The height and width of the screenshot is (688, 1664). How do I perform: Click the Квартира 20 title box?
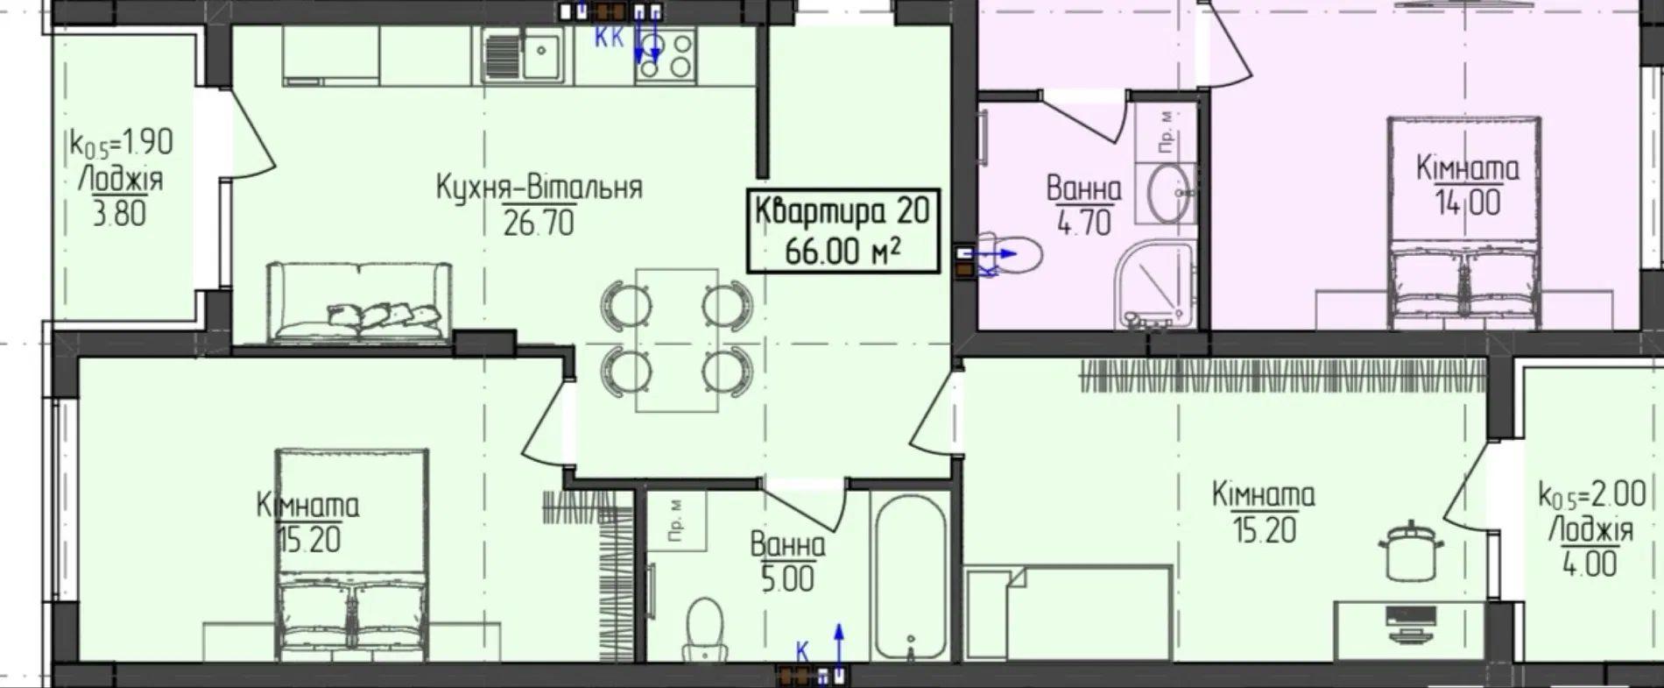tap(843, 231)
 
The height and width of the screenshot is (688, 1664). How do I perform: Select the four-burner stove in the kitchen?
tap(665, 54)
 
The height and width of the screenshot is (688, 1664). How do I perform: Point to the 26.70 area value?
tap(539, 223)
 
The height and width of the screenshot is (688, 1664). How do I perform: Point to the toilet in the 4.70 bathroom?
tap(1007, 254)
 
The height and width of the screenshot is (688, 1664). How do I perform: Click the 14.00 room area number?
tap(1467, 202)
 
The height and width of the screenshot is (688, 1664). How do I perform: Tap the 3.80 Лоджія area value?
tap(120, 213)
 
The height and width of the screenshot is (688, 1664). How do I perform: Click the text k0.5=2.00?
tap(1591, 496)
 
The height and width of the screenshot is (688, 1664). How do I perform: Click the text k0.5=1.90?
tap(121, 143)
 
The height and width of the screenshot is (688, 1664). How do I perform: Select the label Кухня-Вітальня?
tap(539, 187)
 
